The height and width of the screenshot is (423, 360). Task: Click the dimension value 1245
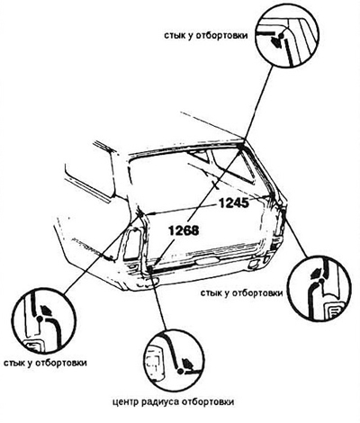coord(234,203)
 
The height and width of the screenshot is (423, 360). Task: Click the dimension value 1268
coord(184,230)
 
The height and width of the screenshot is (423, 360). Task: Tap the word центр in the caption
coord(126,402)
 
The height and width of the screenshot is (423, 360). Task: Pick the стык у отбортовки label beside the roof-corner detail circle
coord(206,35)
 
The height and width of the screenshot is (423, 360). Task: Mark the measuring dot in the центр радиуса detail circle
coord(181,371)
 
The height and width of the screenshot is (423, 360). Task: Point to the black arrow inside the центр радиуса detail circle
coord(188,364)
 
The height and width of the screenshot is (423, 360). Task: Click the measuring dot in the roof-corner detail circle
coord(281,35)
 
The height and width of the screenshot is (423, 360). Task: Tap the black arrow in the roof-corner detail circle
coord(275,42)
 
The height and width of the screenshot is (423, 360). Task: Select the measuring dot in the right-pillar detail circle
coord(321,281)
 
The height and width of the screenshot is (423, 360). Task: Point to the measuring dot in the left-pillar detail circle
coord(40,318)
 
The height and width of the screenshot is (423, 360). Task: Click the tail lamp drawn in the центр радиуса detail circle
coord(154,362)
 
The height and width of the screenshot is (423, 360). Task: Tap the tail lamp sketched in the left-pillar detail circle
coord(33,346)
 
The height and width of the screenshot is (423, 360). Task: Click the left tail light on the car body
coord(132,244)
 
